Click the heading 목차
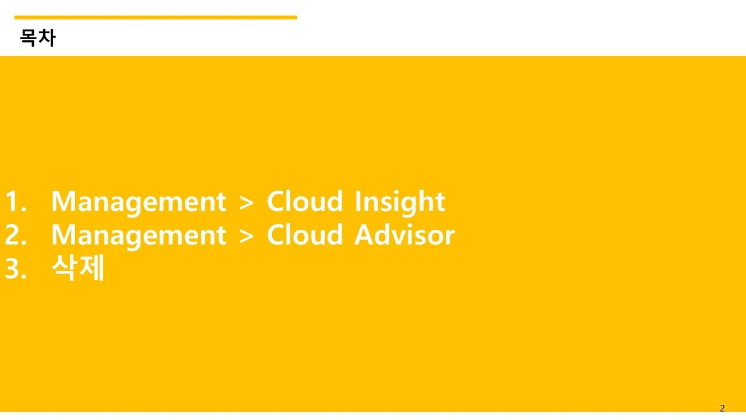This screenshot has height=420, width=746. click(38, 38)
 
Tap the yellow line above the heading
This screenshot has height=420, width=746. click(156, 17)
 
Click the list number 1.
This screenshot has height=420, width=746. click(16, 201)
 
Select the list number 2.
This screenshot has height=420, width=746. click(16, 235)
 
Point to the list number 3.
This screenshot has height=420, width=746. click(16, 268)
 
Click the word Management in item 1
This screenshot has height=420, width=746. click(139, 203)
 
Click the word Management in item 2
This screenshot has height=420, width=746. click(139, 237)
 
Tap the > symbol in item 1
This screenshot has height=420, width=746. click(247, 202)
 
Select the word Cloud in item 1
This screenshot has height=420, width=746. click(305, 201)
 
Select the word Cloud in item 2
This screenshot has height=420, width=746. click(305, 235)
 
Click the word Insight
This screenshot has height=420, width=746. click(400, 202)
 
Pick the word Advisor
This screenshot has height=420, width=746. click(404, 235)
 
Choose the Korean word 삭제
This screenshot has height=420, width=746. click(78, 267)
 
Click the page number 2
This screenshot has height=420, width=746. click(722, 408)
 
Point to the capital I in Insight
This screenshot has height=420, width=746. click(358, 201)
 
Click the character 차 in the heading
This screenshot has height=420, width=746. click(47, 38)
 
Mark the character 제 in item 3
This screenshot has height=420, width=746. click(92, 267)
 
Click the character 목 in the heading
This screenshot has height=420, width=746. click(29, 38)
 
